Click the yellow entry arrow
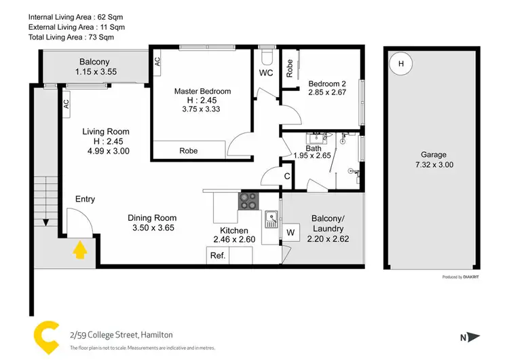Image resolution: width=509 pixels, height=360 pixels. (79, 251)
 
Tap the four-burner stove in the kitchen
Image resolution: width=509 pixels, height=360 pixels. (248, 202)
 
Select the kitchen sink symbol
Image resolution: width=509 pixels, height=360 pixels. (271, 219)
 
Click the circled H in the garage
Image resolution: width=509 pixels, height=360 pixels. (400, 64)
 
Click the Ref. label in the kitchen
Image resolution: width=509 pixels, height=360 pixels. (218, 255)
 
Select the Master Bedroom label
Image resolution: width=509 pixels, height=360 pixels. (202, 91)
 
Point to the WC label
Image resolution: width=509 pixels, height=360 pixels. (266, 73)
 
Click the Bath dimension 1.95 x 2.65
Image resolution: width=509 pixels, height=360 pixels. (311, 155)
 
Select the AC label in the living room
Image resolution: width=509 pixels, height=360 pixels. (66, 104)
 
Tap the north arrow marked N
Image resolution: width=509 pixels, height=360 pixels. (469, 336)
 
